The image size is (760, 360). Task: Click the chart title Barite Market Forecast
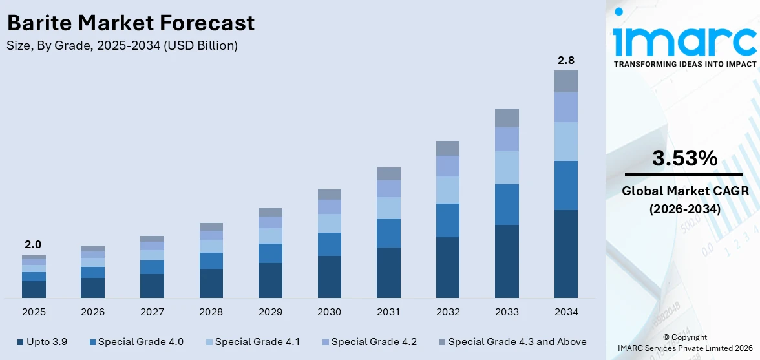(131, 23)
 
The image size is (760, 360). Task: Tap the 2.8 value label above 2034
(566, 61)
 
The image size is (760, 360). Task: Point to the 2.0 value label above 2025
(33, 245)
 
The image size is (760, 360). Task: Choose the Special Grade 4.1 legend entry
(253, 342)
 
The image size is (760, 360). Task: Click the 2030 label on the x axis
(329, 312)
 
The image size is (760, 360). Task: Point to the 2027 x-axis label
(152, 312)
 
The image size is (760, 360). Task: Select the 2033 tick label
(507, 312)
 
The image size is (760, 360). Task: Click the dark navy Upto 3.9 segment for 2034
(566, 253)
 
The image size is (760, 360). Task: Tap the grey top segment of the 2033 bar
(507, 118)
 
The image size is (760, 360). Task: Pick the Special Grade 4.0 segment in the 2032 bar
(448, 220)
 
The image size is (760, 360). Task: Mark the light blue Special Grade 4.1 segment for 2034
(566, 142)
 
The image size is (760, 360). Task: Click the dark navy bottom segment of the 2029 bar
(270, 280)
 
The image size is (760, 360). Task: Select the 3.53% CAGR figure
(684, 158)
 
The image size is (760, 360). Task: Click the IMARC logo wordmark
(684, 40)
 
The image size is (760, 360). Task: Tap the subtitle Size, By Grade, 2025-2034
(122, 46)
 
